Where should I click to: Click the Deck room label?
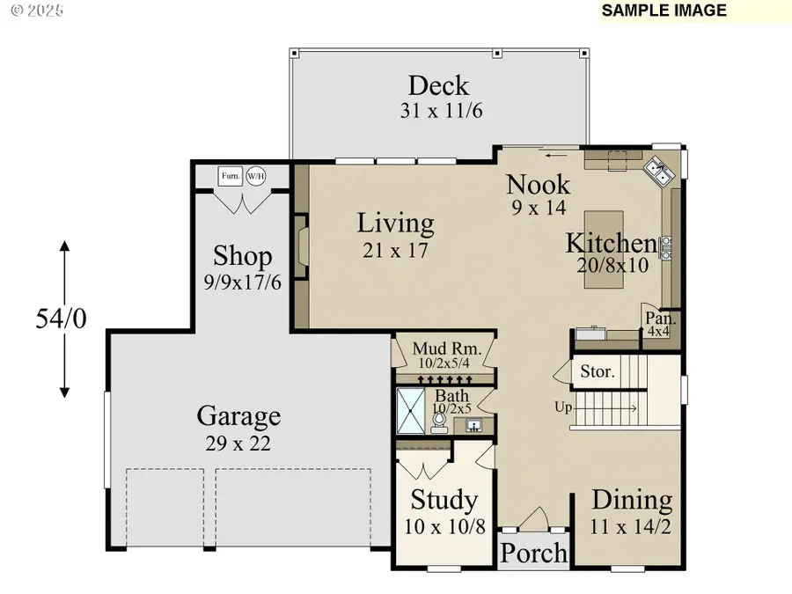[x=438, y=86]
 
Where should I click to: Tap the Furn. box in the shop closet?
[x=231, y=176]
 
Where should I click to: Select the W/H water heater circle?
[x=255, y=176]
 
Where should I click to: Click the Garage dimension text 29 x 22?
[x=234, y=444]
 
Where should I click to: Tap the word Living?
[x=395, y=224]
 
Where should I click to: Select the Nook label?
[x=538, y=185]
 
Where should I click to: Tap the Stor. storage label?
[x=597, y=371]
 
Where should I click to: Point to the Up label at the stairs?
[x=562, y=407]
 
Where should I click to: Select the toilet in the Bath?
[x=438, y=421]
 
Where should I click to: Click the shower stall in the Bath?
[x=410, y=411]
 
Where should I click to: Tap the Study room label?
[x=444, y=501]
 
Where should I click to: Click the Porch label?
[x=535, y=553]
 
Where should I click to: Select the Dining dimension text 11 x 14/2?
[x=631, y=529]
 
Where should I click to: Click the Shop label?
[x=243, y=257]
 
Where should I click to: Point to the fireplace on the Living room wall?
[x=301, y=246]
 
